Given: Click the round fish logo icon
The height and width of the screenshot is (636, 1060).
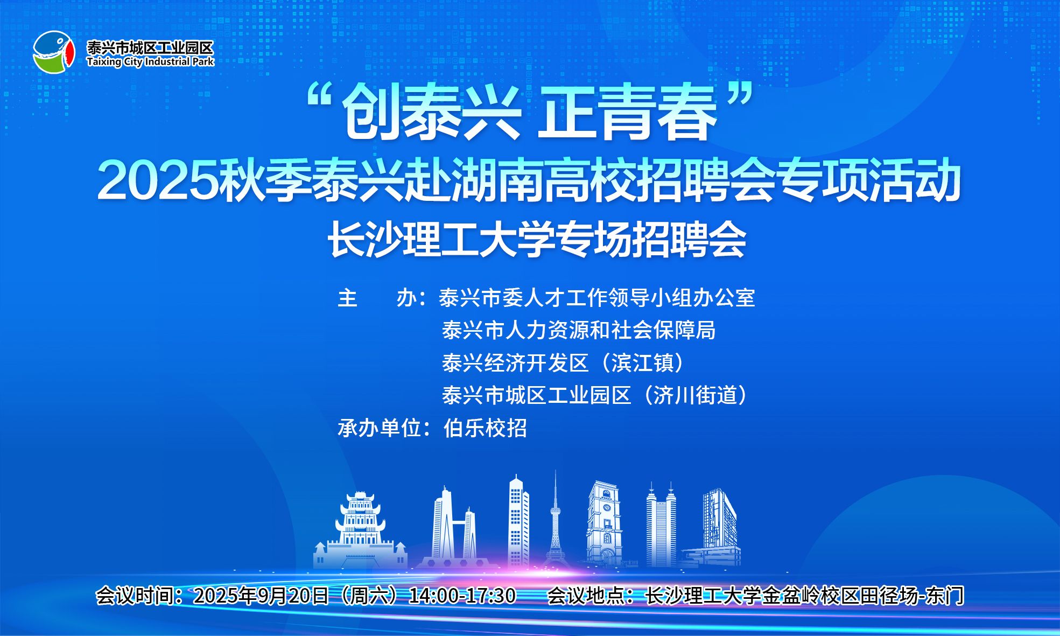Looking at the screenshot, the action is pyautogui.click(x=53, y=52).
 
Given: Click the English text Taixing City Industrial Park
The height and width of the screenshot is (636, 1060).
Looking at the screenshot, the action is pyautogui.click(x=150, y=61).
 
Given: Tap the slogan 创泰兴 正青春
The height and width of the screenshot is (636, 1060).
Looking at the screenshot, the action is pyautogui.click(x=530, y=114).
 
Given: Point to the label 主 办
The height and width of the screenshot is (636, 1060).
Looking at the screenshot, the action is pyautogui.click(x=377, y=298).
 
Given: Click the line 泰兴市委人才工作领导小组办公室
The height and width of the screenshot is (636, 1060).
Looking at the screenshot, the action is pyautogui.click(x=597, y=298).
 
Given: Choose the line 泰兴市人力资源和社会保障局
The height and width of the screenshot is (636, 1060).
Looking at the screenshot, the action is pyautogui.click(x=578, y=330).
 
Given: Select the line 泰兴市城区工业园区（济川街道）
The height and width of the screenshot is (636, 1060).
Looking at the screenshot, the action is pyautogui.click(x=595, y=395).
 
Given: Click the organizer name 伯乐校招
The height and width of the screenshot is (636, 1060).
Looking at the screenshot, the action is pyautogui.click(x=485, y=428).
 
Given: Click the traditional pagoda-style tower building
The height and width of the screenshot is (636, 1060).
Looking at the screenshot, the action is pyautogui.click(x=360, y=530).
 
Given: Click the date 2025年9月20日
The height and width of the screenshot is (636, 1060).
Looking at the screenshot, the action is pyautogui.click(x=261, y=596).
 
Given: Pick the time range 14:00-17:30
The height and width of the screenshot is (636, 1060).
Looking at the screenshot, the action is pyautogui.click(x=462, y=596).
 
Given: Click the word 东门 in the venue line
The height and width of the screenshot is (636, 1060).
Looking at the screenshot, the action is pyautogui.click(x=945, y=596).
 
